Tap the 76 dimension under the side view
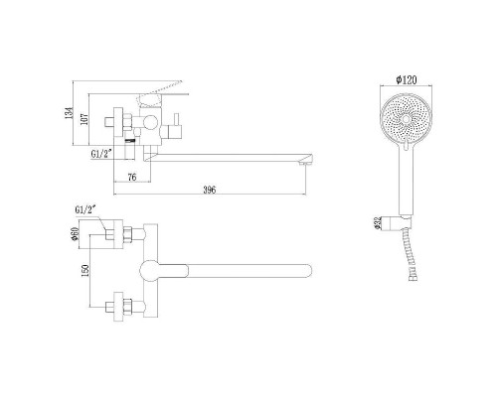click(132, 178)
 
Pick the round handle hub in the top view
click(152, 269)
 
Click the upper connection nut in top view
click(126, 235)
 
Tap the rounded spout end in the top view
click(306, 269)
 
